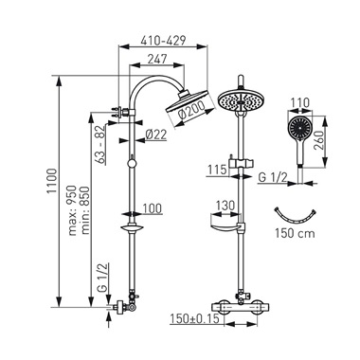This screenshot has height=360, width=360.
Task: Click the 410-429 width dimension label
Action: [163, 40]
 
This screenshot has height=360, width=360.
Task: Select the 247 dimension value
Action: [157, 59]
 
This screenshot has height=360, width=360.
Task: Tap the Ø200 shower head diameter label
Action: [191, 112]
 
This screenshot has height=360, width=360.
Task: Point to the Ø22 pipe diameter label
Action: [156, 135]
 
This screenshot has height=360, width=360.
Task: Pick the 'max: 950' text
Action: [73, 210]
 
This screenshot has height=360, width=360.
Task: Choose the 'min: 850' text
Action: [85, 210]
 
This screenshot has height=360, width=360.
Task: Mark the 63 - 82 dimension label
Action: [100, 145]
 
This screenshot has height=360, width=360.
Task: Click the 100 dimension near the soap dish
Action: [153, 208]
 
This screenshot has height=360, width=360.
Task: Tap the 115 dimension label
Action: [217, 170]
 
